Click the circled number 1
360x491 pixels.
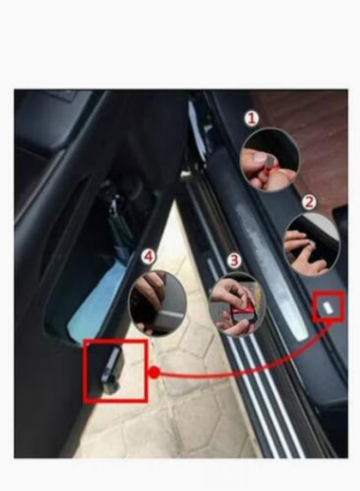[x=251, y=118]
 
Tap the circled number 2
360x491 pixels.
[x=309, y=202]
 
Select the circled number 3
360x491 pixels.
[x=235, y=260]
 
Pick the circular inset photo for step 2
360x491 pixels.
[x=311, y=244]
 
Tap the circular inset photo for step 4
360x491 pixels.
[x=158, y=303]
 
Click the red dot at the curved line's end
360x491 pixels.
[x=154, y=373]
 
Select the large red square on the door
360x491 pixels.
[x=115, y=370]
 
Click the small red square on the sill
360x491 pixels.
[x=328, y=307]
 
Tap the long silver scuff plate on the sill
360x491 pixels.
[x=273, y=273]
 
